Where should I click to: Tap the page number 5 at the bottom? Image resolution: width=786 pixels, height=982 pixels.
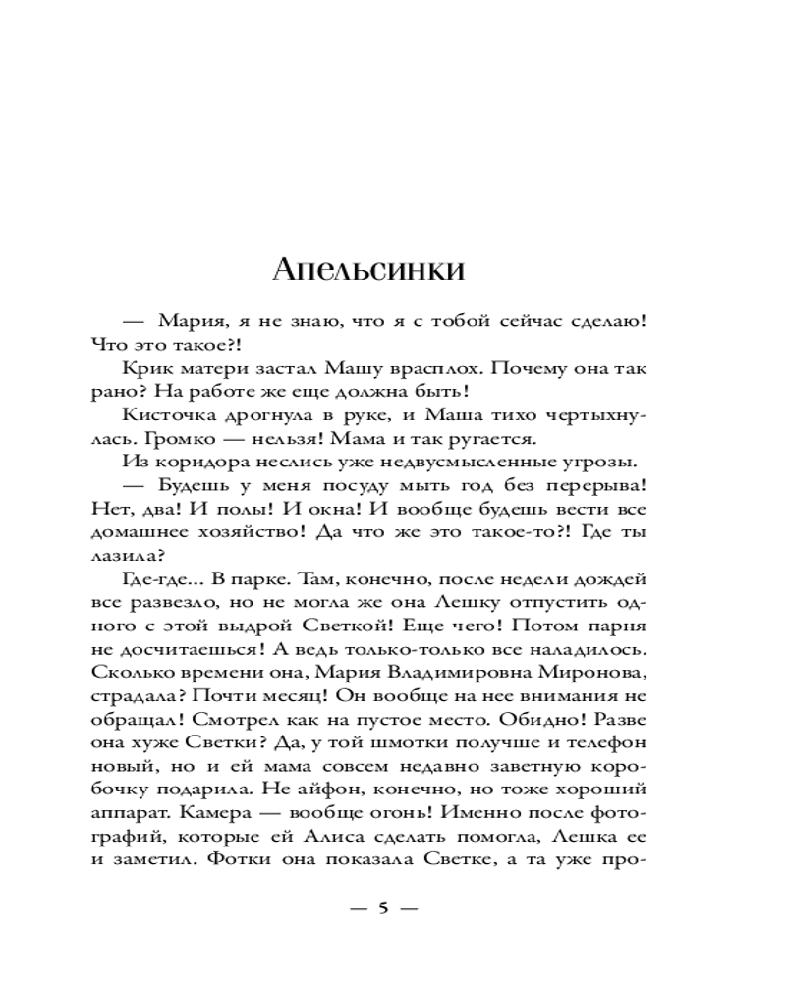tap(384, 909)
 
